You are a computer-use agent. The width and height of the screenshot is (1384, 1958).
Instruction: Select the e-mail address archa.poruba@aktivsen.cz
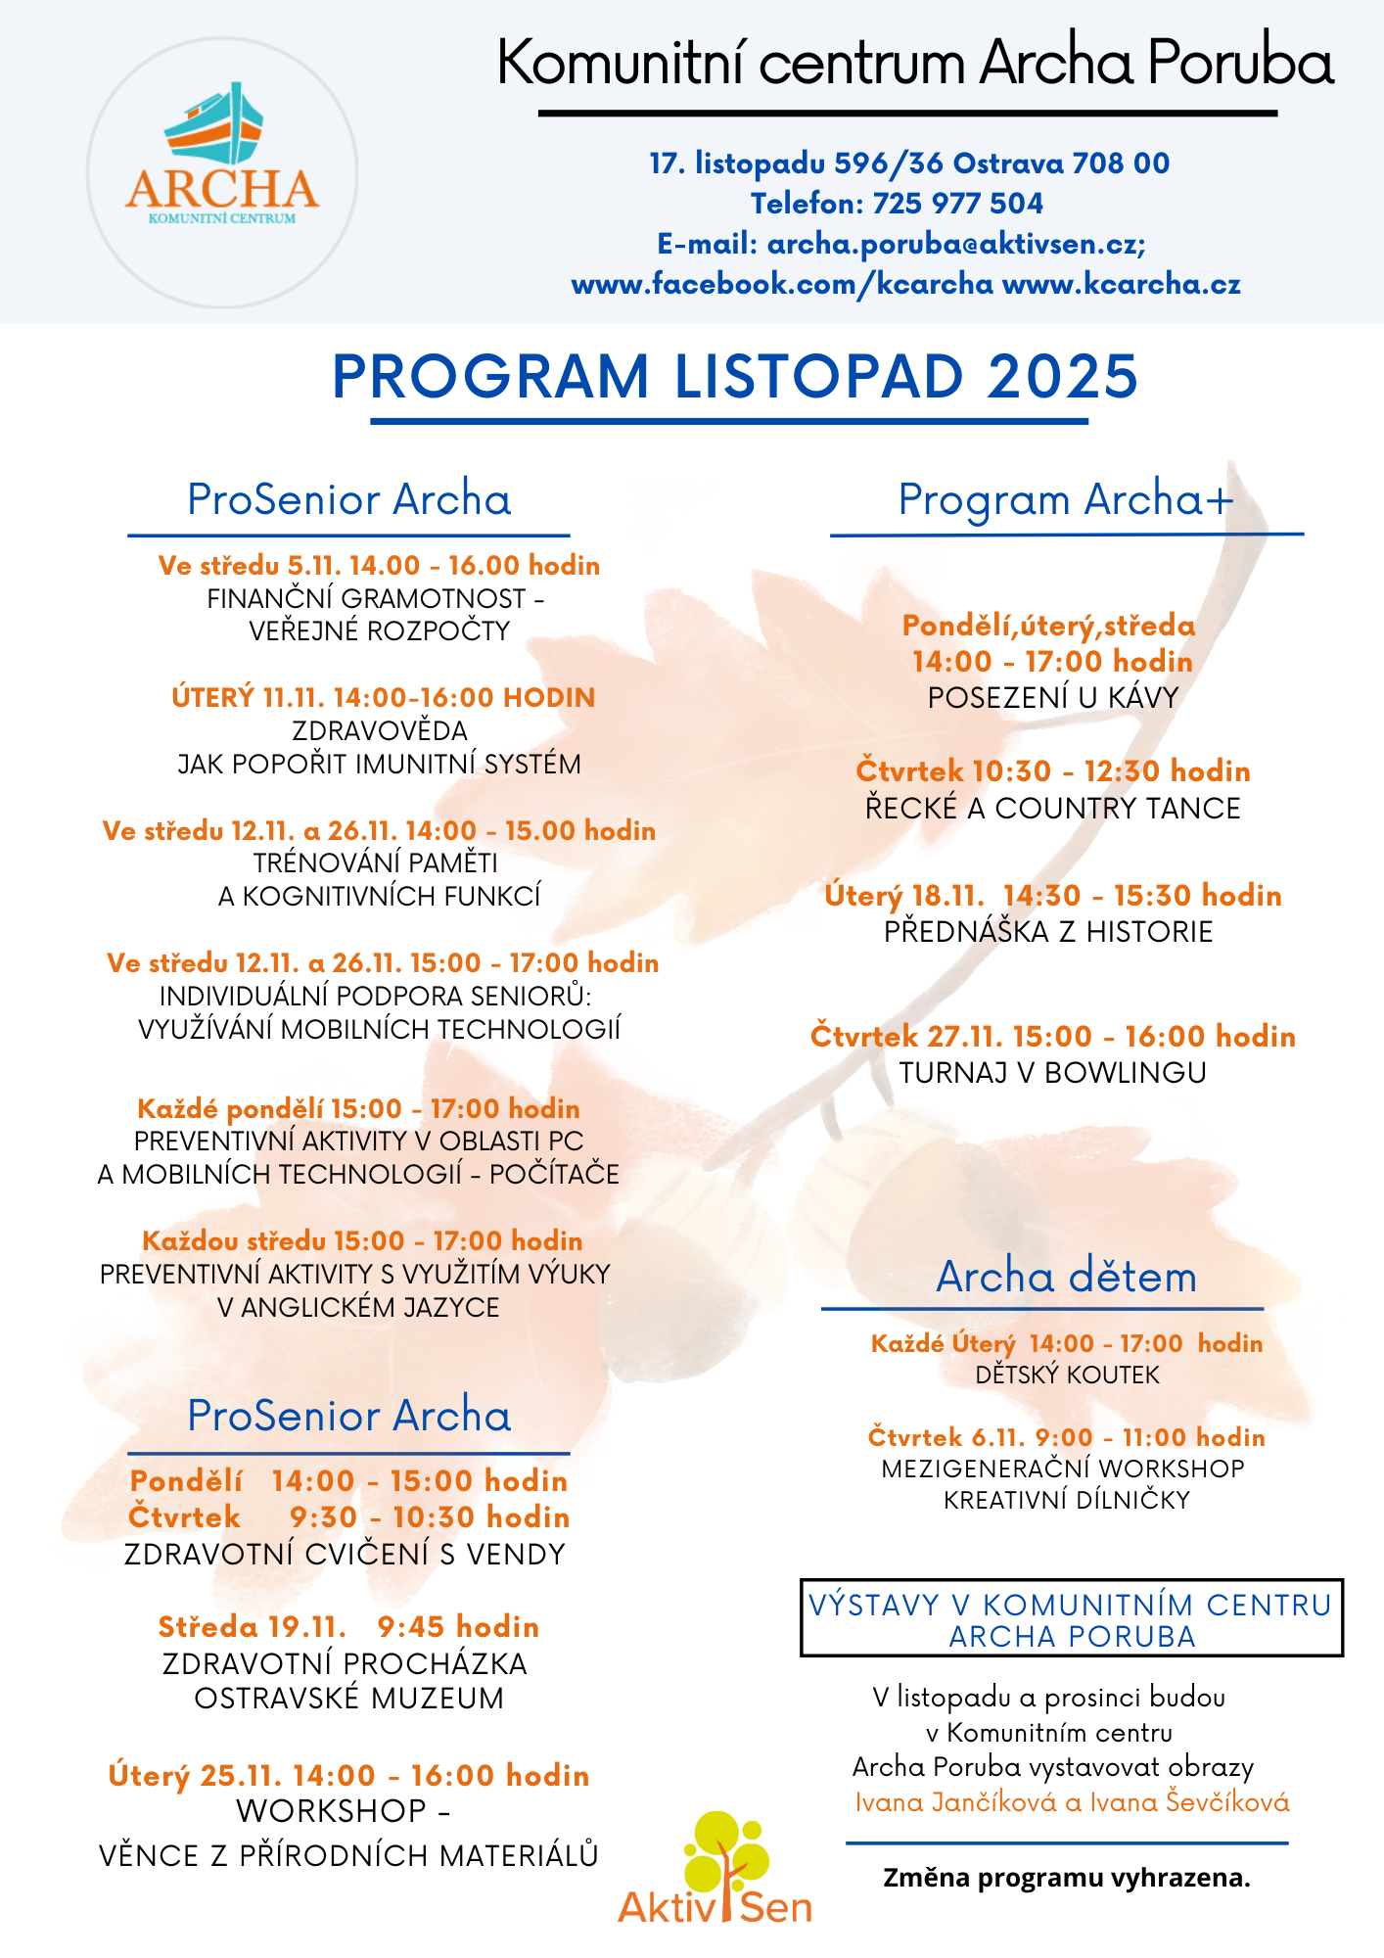point(955,244)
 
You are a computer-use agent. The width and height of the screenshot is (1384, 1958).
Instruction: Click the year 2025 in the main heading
point(1062,377)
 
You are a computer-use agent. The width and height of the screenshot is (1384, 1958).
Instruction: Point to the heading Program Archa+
point(1066,499)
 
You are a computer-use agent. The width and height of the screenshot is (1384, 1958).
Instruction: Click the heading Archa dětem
point(1066,1277)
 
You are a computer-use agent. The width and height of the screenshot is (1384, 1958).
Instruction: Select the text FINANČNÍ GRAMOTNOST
point(366,598)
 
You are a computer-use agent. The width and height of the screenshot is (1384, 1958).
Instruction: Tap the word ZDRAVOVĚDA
point(380,730)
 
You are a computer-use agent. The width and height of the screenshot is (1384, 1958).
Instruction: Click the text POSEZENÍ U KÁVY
point(1053,698)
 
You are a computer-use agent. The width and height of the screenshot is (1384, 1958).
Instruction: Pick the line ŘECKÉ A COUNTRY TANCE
point(1053,809)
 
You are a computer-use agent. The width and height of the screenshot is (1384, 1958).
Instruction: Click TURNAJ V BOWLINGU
point(1053,1073)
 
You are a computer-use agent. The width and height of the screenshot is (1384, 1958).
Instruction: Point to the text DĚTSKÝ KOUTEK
point(1067,1375)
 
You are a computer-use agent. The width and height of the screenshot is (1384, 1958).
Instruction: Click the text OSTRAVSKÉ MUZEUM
point(348,1698)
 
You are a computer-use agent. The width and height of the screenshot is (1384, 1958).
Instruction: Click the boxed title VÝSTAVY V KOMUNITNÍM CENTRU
point(1071,1606)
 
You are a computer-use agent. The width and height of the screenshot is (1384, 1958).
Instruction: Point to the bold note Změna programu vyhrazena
point(1067,1878)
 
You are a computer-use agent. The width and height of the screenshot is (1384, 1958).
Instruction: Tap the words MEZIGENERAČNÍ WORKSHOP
point(1063,1468)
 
